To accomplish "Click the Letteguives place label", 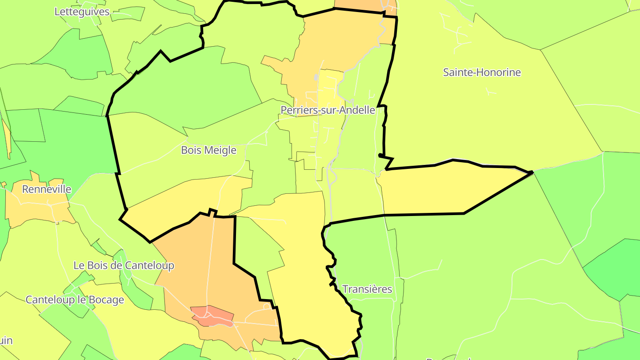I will pos(82,12).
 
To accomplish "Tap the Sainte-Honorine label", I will pos(482,72).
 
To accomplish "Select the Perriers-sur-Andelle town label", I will pos(328,110).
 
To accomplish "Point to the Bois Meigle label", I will pos(208,150).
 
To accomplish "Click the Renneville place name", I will pos(47,189).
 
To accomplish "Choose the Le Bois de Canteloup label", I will pos(124,265).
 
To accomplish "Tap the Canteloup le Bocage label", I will pos(75,300).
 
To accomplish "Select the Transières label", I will pos(367,289).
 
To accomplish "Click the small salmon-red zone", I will pos(212,315).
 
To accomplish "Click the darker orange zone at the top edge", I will pos(360,4).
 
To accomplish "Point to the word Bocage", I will pos(106,300).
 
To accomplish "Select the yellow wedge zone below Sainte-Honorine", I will pos(449,189).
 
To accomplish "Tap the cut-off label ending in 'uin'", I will pos(5,341).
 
